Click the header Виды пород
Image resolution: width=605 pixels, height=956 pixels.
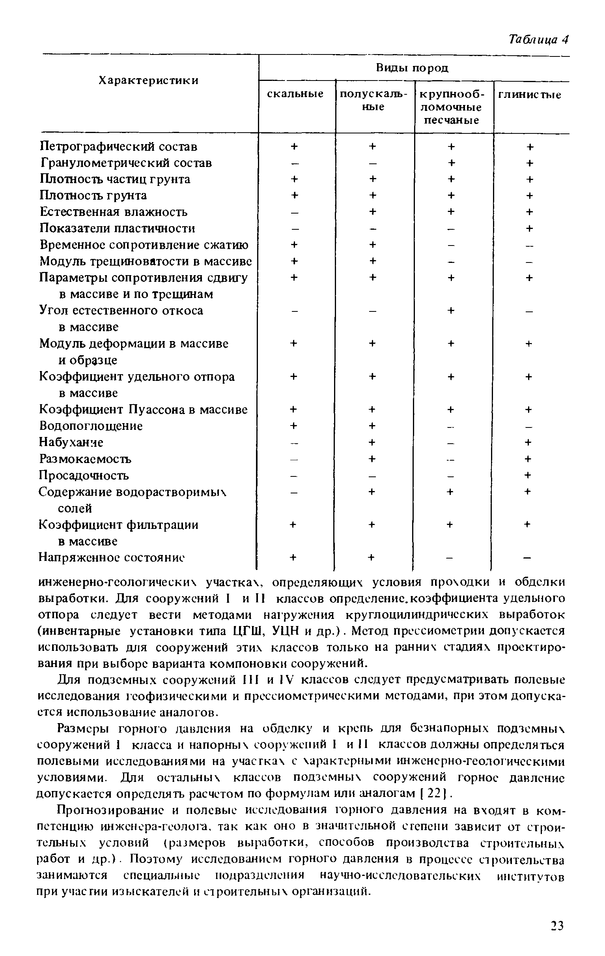point(412,68)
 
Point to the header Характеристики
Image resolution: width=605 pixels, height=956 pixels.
point(148,81)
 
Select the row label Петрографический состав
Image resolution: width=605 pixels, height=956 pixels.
point(119,146)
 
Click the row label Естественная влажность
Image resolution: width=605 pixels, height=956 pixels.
point(114,212)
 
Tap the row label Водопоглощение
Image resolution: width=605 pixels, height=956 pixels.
point(91,426)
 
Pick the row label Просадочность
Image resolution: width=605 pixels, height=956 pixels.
point(84,475)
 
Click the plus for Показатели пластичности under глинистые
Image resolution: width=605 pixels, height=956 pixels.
point(529,228)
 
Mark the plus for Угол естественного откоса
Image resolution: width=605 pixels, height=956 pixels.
point(451,311)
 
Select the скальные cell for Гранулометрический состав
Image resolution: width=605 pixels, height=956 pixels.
point(294,163)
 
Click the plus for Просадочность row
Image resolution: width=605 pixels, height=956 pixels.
point(528,475)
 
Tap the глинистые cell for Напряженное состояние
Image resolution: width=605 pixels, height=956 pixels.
point(527,558)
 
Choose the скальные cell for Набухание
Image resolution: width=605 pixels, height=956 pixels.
point(293,442)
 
